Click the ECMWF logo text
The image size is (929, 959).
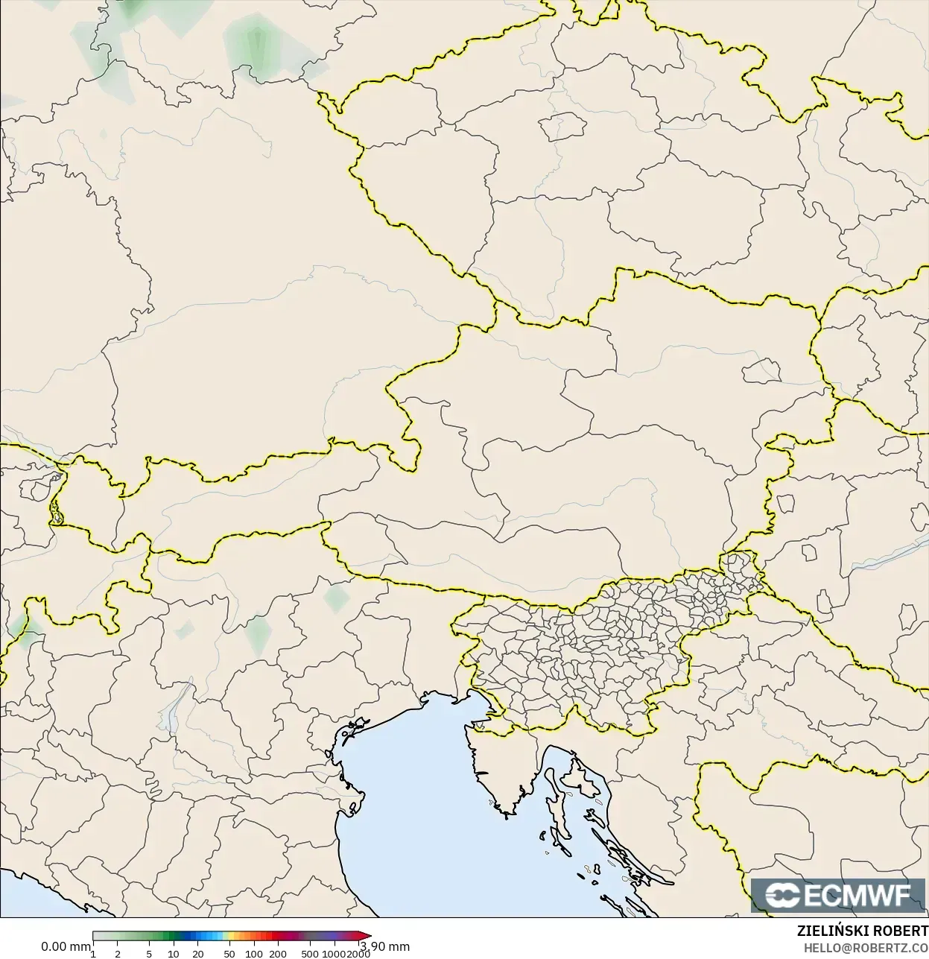coord(857,895)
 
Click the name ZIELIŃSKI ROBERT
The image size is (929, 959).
coord(862,931)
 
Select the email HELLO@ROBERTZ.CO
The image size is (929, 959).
coord(865,947)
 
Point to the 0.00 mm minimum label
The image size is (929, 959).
coord(66,946)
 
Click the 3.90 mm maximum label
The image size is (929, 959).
coord(384,946)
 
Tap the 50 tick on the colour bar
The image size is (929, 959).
coord(229,954)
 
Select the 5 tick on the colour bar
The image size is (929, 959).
coord(149,954)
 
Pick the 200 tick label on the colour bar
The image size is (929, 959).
coord(278,954)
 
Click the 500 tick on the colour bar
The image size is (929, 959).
coord(310,954)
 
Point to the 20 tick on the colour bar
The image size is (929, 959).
coord(198,954)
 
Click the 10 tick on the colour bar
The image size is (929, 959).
coord(174,954)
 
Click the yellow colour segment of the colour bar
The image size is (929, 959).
coord(230,936)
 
